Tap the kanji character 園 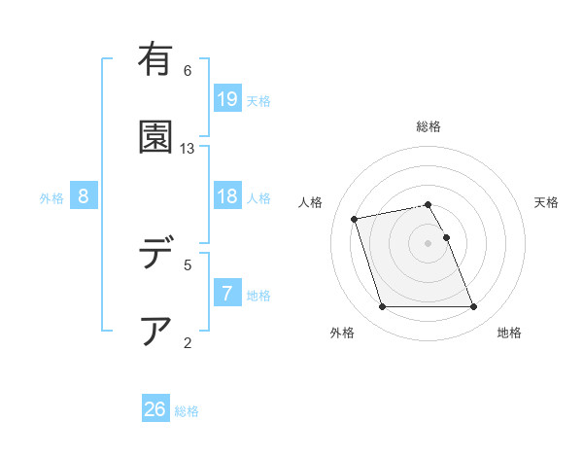155,136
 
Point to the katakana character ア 155,332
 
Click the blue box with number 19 227,98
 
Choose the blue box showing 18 227,196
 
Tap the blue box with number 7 227,294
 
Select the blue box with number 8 84,196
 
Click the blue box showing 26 155,409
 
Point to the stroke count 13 188,148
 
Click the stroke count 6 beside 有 188,70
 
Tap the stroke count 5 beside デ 188,264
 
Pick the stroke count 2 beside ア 188,342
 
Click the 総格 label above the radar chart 429,126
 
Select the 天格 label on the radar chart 546,202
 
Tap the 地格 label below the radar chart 509,334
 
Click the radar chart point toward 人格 355,218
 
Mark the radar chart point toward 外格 382,307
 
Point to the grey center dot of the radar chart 429,242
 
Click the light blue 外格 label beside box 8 51,197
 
